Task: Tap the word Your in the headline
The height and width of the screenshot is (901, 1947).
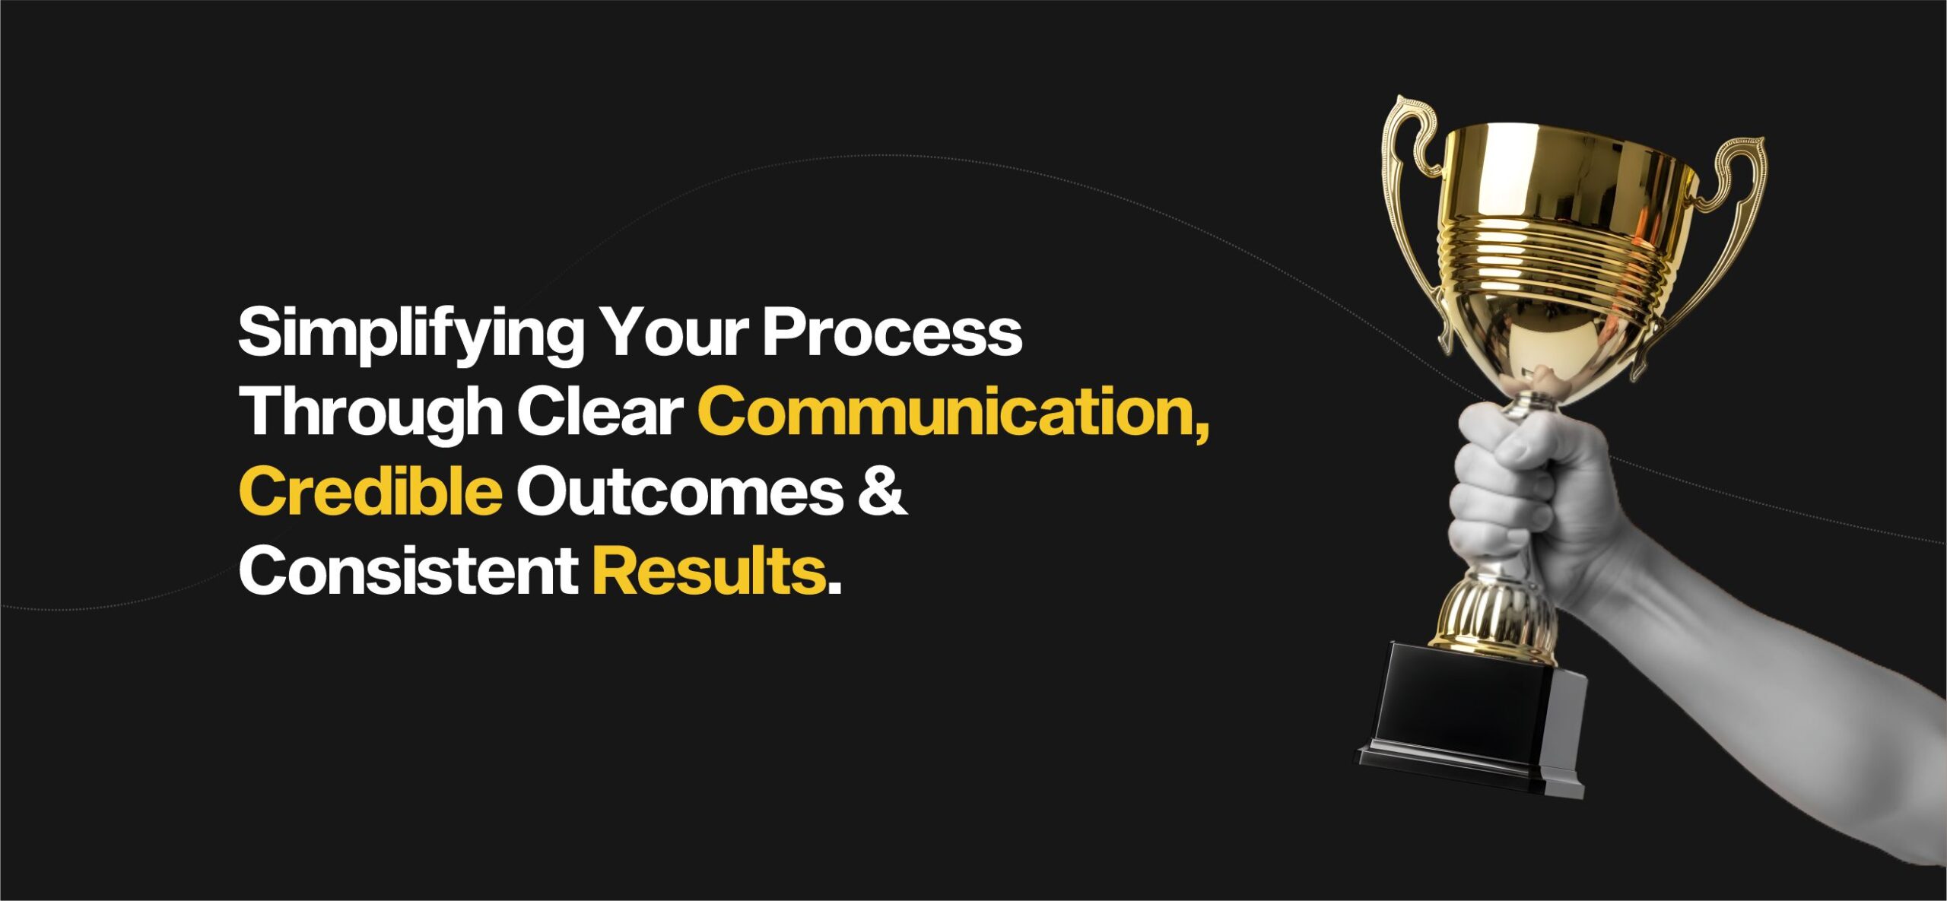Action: (672, 332)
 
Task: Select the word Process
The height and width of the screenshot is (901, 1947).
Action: (892, 332)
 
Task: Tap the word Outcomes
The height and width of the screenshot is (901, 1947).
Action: (680, 493)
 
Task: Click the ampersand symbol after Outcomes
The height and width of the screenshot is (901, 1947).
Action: (882, 492)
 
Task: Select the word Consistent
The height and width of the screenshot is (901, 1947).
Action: (408, 571)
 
